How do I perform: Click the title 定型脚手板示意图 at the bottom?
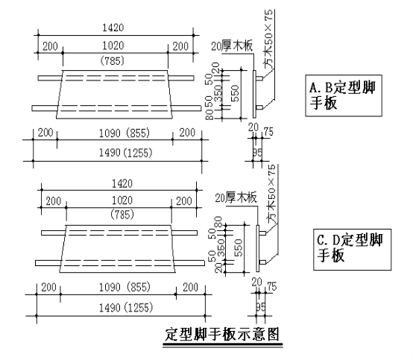(221, 335)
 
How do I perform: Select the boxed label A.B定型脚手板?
(344, 95)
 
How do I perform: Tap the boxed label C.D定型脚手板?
(352, 250)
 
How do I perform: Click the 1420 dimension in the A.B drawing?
(113, 28)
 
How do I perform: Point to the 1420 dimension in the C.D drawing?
(122, 183)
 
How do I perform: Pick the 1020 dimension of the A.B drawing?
(113, 45)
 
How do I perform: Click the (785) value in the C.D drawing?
(122, 215)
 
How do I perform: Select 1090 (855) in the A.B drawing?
(124, 133)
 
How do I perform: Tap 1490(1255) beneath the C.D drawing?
(126, 308)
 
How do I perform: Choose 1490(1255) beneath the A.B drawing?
(126, 153)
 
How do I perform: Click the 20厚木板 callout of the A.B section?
(232, 45)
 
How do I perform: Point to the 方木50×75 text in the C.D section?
(272, 194)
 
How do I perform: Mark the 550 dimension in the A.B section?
(235, 93)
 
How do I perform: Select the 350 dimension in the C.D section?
(221, 247)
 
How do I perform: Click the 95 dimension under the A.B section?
(258, 153)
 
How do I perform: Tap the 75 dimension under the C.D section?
(272, 287)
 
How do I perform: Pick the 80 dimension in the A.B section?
(209, 115)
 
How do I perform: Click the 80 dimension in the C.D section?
(218, 222)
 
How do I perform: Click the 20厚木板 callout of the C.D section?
(236, 198)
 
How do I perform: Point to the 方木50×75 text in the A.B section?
(268, 39)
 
